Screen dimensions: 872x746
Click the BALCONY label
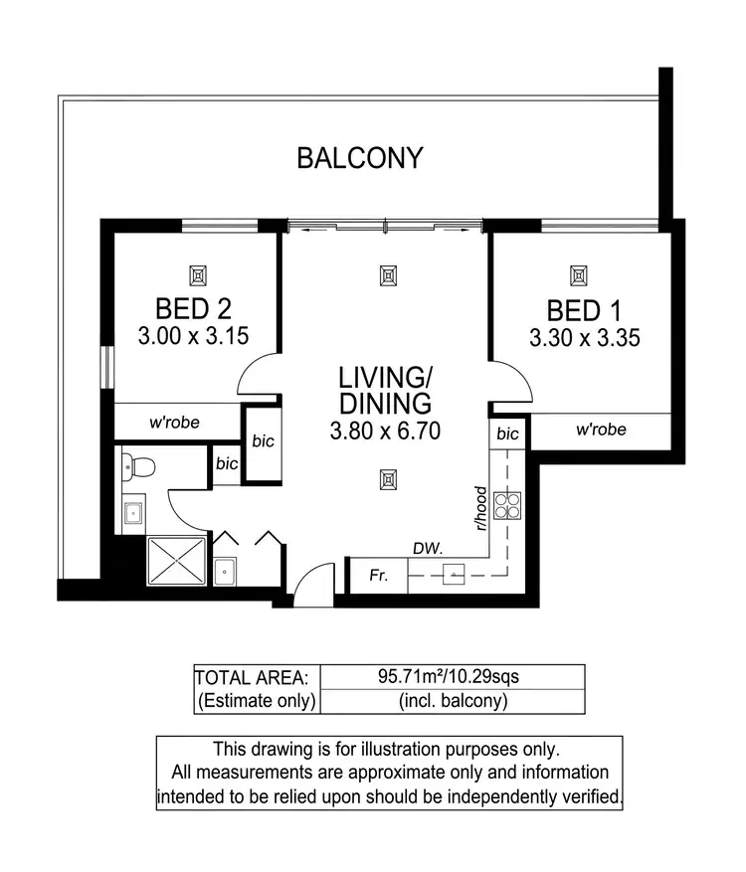[360, 157]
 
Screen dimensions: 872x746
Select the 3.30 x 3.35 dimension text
[584, 338]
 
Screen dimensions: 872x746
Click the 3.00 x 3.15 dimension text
[194, 337]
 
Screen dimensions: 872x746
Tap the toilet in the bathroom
[136, 465]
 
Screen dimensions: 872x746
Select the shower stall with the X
[177, 563]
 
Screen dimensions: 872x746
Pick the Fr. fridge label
[377, 575]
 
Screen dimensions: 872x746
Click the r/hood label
[480, 508]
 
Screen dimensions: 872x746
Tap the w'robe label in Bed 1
[601, 431]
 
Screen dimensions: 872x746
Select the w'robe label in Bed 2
[175, 422]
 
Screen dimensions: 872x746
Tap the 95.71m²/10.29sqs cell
[448, 677]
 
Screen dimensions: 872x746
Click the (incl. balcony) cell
[448, 701]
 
